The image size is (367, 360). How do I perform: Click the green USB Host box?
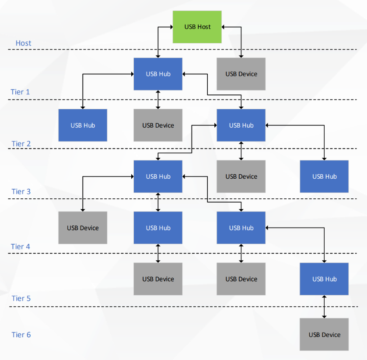pos(197,27)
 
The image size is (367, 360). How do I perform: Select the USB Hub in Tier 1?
pos(158,74)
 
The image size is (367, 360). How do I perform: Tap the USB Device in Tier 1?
pos(241,74)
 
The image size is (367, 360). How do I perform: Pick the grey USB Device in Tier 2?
pos(158,125)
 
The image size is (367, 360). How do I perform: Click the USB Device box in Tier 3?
pos(241,177)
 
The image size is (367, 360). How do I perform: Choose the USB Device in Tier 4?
pos(83,228)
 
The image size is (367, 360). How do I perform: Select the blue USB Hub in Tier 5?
pos(324,279)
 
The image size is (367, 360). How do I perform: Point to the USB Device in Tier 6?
pos(324,335)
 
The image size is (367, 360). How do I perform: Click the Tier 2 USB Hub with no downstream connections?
pos(83,125)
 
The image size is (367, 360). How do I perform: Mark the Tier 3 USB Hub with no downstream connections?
pos(324,177)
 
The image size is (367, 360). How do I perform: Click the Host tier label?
pos(23,43)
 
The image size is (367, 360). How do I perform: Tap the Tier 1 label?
pos(20,92)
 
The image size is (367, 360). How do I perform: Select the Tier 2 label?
pos(21,144)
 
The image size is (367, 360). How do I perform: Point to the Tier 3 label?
pos(21,192)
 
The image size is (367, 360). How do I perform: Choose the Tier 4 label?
pos(20,247)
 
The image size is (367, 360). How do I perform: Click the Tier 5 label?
pos(21,298)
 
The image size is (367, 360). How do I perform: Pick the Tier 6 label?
pos(21,335)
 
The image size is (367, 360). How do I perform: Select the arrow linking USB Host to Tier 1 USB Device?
pos(241,42)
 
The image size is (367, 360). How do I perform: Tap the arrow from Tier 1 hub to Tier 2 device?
pos(158,100)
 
